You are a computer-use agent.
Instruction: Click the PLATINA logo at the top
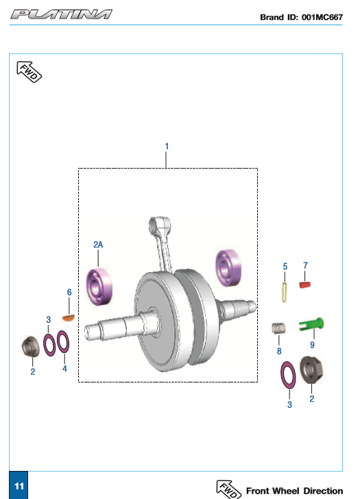[61, 14]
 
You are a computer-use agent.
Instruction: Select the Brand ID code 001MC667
[322, 17]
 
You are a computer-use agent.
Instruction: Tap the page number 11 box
[19, 485]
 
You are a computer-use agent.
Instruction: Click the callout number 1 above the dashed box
[167, 146]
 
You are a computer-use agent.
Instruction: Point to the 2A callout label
[98, 245]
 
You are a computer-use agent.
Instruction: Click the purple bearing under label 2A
[99, 287]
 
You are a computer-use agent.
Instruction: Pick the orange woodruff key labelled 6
[69, 317]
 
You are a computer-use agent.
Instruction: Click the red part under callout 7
[304, 284]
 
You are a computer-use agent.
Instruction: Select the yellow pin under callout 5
[285, 292]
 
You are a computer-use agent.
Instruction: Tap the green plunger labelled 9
[311, 324]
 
